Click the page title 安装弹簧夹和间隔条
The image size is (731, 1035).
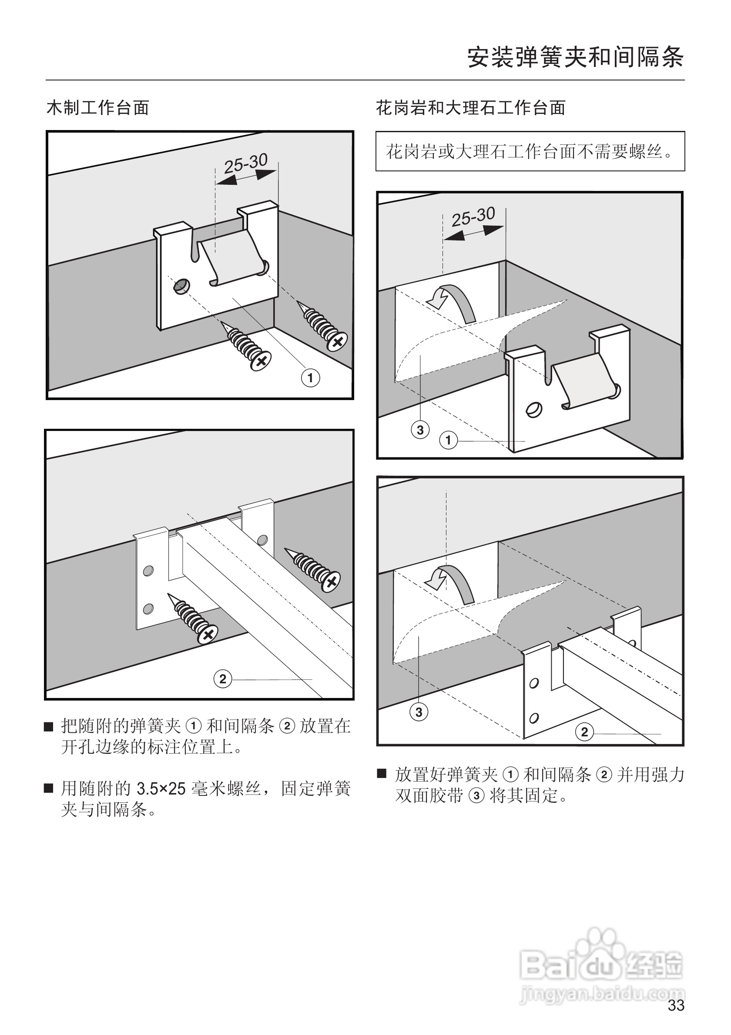(575, 58)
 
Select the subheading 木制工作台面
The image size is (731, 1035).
(97, 108)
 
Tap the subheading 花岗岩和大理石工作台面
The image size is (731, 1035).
(470, 108)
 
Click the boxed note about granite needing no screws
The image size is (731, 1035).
(530, 151)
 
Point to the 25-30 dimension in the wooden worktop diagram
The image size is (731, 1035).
(246, 163)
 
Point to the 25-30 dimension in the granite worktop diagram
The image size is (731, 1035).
(473, 217)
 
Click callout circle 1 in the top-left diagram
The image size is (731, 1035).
(310, 378)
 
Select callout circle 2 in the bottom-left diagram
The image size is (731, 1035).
(222, 679)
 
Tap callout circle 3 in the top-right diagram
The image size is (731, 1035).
(420, 430)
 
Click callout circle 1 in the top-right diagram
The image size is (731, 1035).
(448, 440)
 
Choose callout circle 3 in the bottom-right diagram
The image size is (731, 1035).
(419, 712)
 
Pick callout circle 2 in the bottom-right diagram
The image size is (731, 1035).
(584, 731)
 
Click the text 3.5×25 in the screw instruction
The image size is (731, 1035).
(161, 789)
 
